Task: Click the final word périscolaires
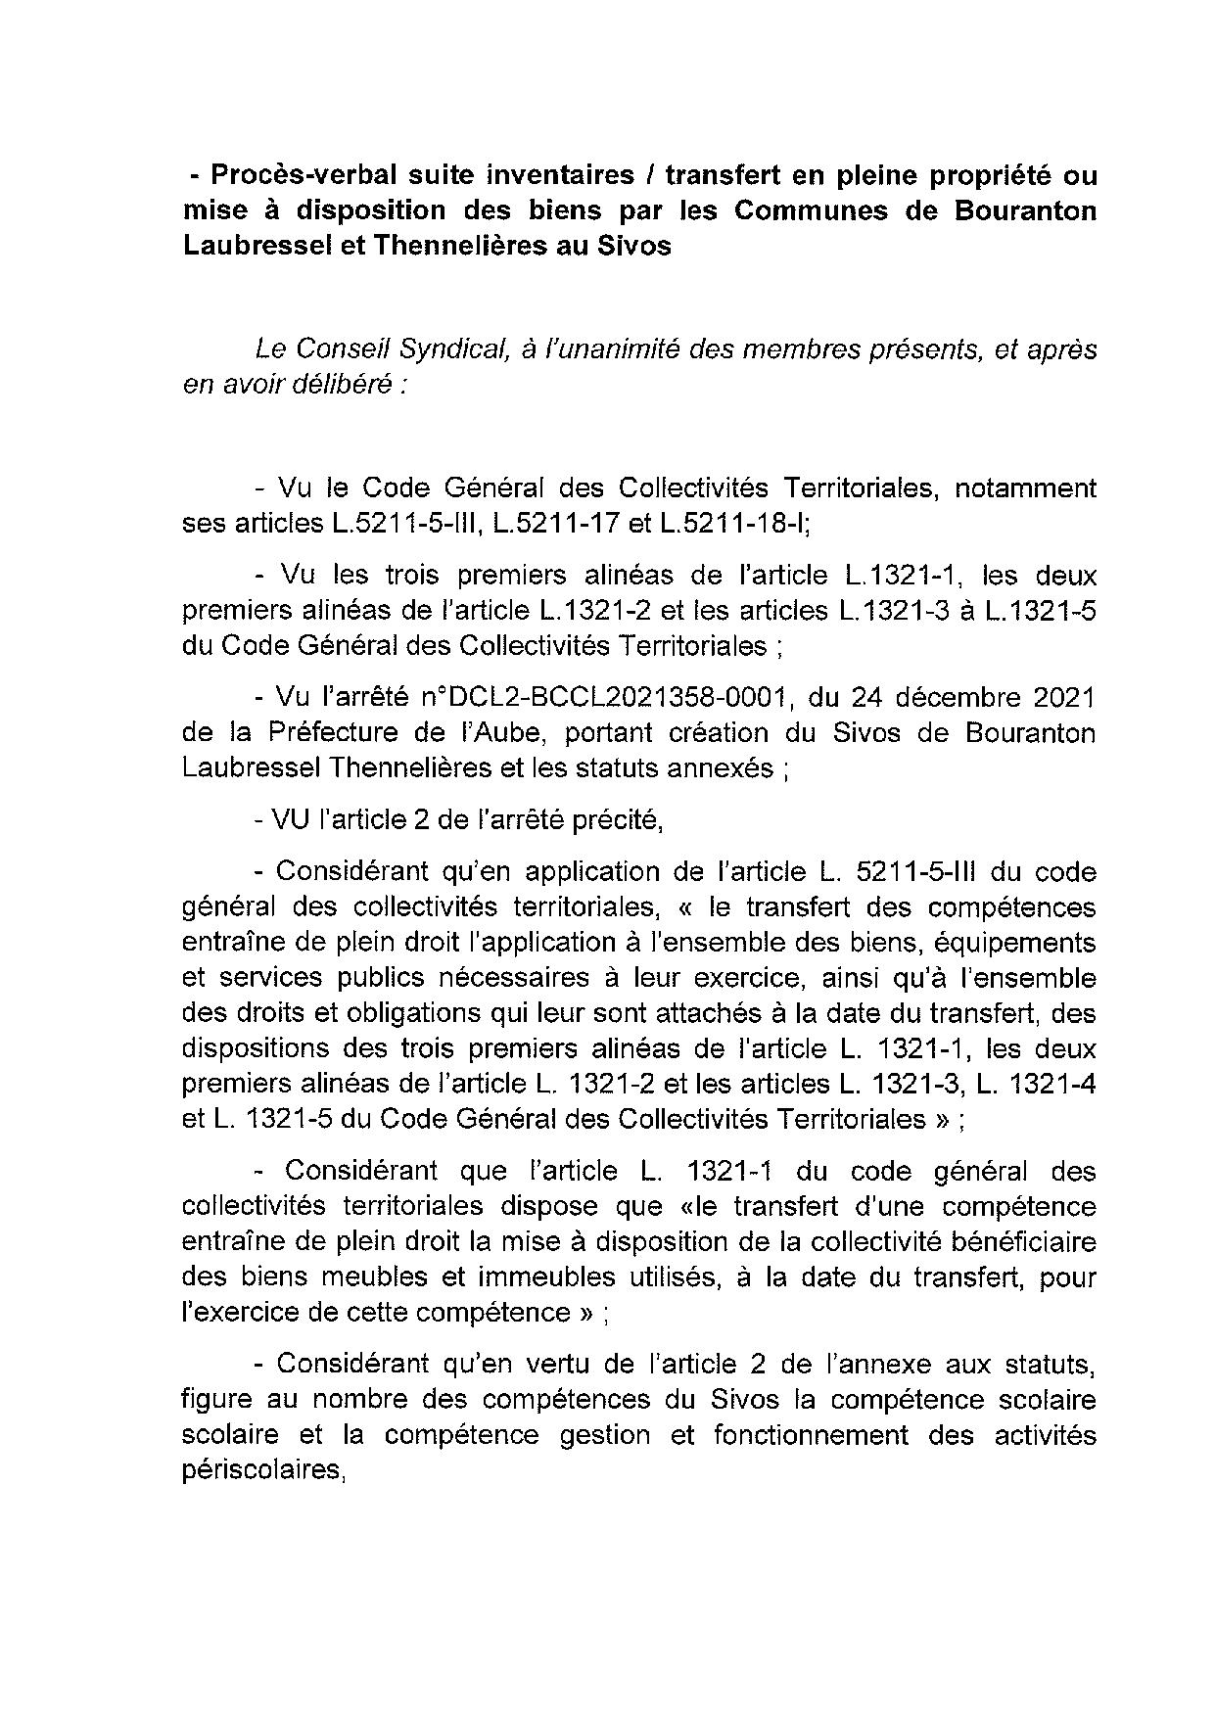(264, 1469)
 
